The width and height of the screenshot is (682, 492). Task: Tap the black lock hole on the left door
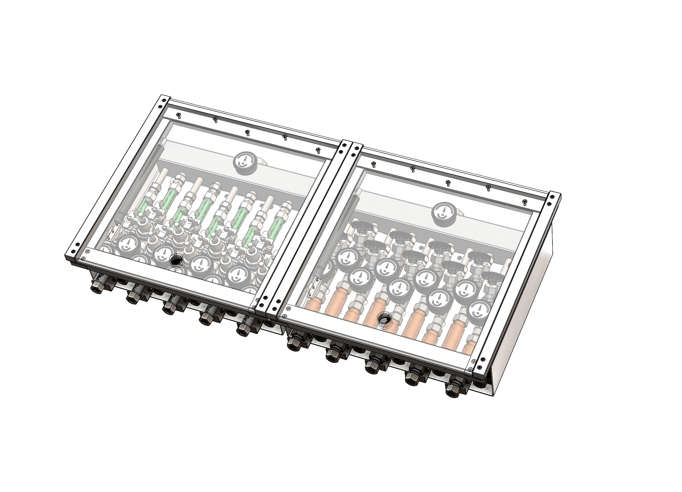(176, 259)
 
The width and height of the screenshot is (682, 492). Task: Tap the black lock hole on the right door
(385, 319)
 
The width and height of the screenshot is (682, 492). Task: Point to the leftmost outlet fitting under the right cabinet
(293, 345)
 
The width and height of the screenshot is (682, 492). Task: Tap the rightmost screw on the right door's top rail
(524, 201)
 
